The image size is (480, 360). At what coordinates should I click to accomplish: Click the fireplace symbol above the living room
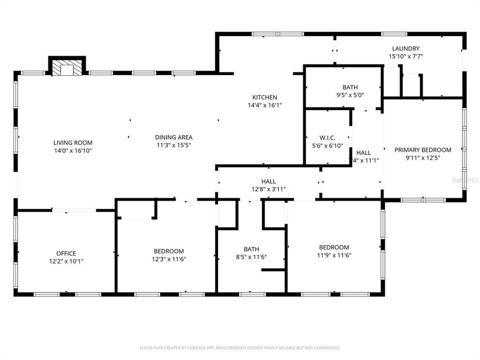67,68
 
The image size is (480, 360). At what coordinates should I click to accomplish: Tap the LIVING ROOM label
73,142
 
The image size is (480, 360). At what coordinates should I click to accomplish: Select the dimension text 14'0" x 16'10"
73,150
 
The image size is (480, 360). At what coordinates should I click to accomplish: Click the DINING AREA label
173,137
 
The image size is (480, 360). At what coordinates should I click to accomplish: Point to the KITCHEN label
264,97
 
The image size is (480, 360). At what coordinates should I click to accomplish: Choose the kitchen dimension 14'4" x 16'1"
264,105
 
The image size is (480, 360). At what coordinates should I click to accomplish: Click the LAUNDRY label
405,48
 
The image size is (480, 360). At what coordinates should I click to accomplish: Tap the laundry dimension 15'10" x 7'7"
405,56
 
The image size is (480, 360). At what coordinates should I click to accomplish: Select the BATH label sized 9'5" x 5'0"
350,87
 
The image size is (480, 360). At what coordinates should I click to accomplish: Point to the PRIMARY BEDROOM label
422,149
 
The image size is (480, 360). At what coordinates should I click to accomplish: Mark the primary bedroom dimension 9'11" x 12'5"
422,157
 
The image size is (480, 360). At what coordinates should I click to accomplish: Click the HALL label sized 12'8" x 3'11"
268,181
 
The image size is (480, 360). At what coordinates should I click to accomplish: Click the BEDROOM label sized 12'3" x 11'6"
168,251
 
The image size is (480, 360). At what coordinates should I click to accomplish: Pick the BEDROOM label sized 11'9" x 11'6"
334,247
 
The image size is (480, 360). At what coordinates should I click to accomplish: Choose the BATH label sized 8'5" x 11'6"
251,248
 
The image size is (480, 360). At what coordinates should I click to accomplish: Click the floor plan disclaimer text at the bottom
240,347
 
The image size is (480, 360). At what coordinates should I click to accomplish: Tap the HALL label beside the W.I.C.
363,152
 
